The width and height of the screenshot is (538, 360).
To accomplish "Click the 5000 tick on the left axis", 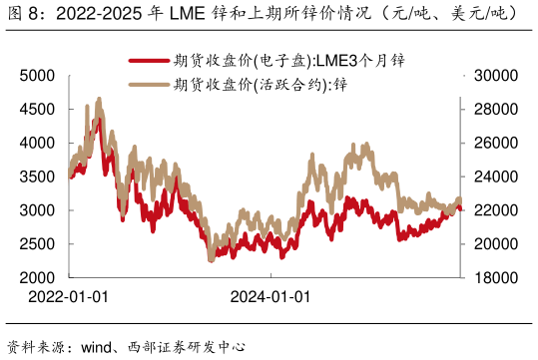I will tap(38, 76).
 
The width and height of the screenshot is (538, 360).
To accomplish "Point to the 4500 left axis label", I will tap(38, 110).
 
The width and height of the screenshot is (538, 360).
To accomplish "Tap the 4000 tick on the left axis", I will tap(38, 144).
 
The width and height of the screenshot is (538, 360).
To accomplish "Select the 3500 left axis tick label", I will tap(38, 178).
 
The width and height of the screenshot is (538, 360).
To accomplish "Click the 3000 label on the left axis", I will tap(38, 210).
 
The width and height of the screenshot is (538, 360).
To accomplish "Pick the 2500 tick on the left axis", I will tap(38, 244).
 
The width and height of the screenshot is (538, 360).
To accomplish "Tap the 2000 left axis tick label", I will tap(38, 277).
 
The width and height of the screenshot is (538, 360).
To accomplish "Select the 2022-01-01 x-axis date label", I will tap(68, 297).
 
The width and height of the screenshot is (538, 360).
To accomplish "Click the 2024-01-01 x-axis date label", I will tap(269, 297).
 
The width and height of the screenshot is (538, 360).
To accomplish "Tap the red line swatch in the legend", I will tap(149, 61).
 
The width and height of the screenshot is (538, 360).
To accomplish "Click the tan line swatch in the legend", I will tap(149, 84).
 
